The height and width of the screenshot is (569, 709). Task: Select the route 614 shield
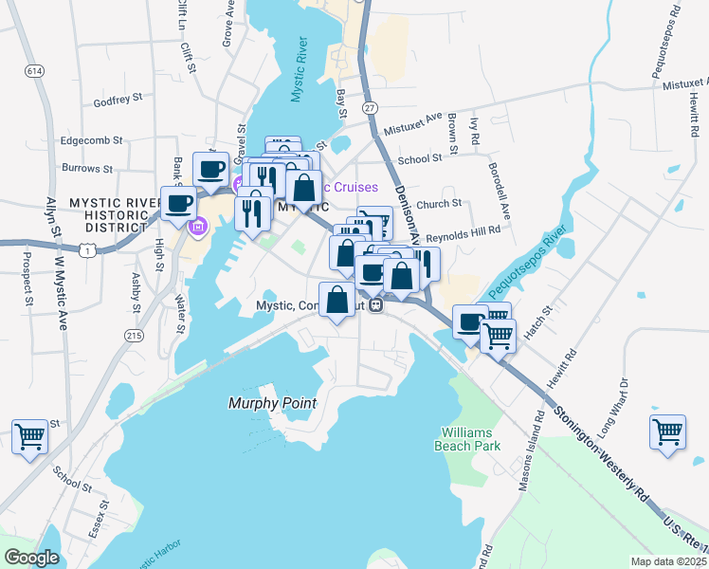[35, 71]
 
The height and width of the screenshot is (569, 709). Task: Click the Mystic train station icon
[376, 305]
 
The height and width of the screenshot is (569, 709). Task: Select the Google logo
[31, 558]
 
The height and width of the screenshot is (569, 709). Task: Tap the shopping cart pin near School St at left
[29, 437]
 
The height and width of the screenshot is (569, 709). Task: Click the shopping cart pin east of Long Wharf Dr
[667, 431]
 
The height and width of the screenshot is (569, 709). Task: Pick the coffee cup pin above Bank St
[210, 170]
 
